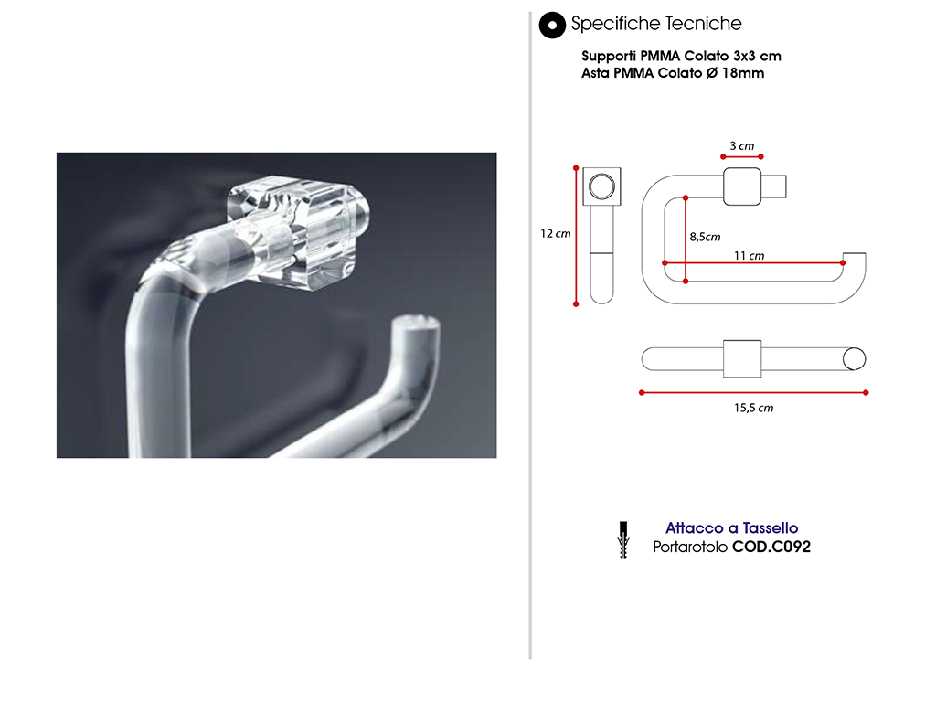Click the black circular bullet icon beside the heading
coord(552,26)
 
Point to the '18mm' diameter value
coord(743,73)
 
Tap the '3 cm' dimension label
coord(742,146)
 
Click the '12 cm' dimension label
coord(555,234)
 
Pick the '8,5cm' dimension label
coord(705,237)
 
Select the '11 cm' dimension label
coord(750,256)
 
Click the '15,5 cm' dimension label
coord(753,408)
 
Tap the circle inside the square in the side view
coord(601,186)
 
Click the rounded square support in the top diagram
coord(742,186)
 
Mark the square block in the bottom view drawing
coord(742,358)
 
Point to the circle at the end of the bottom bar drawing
coord(855,358)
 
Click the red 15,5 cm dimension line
coord(753,393)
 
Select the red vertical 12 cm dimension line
coord(576,237)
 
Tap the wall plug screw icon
coord(623,539)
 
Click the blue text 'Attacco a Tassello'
coord(732,528)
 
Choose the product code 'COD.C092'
coord(771,547)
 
